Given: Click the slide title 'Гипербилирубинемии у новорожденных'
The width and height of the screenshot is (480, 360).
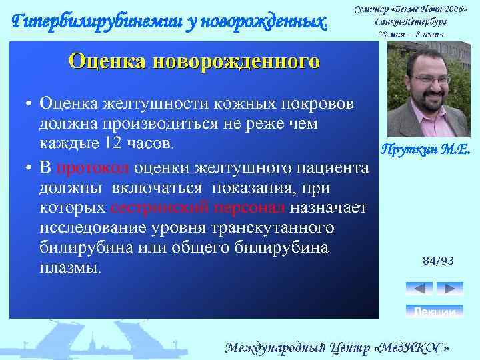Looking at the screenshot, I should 171,22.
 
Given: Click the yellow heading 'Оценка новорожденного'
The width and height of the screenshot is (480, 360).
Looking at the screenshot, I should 194,62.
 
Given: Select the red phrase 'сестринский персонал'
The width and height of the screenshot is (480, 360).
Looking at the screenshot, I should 197,207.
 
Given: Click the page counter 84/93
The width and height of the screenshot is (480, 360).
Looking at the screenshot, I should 438,261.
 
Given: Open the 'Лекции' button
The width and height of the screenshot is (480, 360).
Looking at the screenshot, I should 434,311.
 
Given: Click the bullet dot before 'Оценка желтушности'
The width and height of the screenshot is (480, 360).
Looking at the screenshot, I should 29,105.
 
